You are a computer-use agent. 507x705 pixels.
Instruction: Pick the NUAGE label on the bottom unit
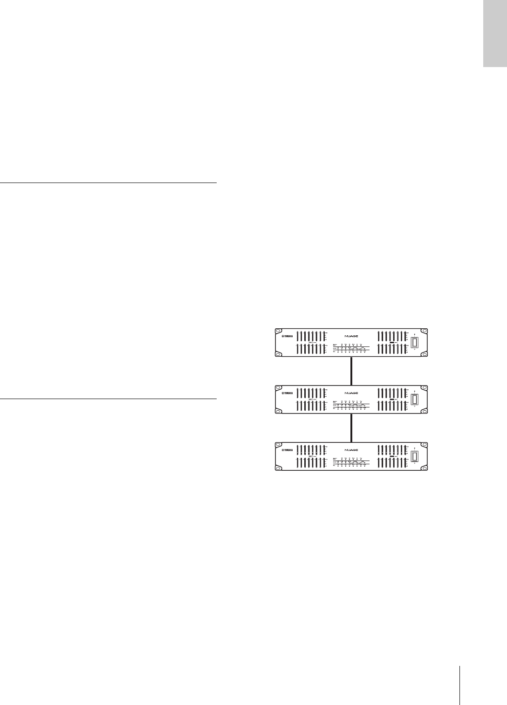coord(351,450)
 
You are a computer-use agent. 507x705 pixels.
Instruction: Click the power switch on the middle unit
coord(415,400)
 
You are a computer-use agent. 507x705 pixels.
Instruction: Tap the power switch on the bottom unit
coord(415,457)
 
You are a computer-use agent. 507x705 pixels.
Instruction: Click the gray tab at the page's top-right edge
coord(494,34)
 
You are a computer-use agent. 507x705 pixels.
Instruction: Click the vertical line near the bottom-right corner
coord(459,680)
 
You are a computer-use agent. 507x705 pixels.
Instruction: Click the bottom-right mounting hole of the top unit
coord(425,355)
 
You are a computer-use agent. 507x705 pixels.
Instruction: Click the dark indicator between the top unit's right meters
coord(393,343)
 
